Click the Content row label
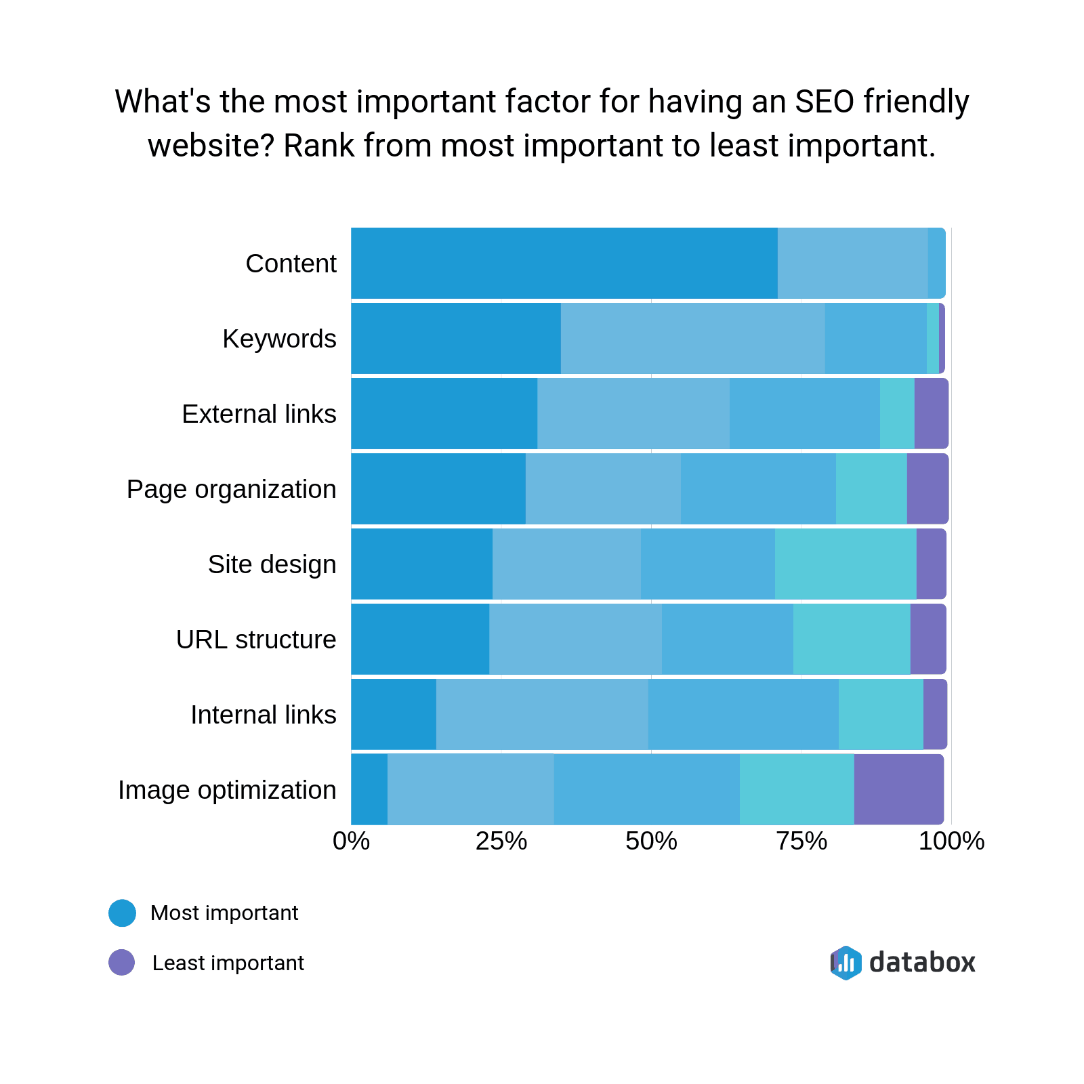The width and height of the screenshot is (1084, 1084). [291, 264]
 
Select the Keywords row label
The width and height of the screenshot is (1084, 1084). [279, 339]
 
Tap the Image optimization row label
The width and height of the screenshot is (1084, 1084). [227, 790]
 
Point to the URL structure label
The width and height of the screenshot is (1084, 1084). [256, 640]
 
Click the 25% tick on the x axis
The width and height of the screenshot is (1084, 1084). [501, 841]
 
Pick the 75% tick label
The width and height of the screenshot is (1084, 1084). [801, 841]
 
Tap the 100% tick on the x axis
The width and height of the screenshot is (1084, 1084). [951, 841]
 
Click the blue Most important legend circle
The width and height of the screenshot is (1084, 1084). [123, 913]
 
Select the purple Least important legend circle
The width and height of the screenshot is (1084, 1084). [122, 962]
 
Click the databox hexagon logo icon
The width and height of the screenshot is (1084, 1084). [846, 963]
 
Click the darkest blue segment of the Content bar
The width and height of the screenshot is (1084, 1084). [564, 264]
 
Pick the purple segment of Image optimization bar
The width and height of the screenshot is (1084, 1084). [898, 789]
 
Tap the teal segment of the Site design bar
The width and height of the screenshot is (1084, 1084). [846, 564]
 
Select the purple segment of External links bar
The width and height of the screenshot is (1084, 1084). [931, 413]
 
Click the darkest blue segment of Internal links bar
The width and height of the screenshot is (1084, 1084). [394, 714]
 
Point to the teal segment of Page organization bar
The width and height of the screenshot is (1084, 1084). [871, 488]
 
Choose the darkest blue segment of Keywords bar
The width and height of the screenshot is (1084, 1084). [456, 338]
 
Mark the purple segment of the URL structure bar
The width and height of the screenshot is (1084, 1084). [927, 639]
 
